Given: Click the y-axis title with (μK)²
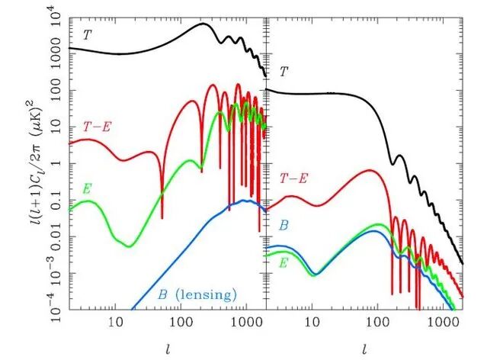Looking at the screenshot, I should [x=37, y=161].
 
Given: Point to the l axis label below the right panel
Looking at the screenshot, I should [x=367, y=349].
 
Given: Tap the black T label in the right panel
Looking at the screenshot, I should [x=284, y=72].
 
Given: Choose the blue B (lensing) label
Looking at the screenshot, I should [x=197, y=294].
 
